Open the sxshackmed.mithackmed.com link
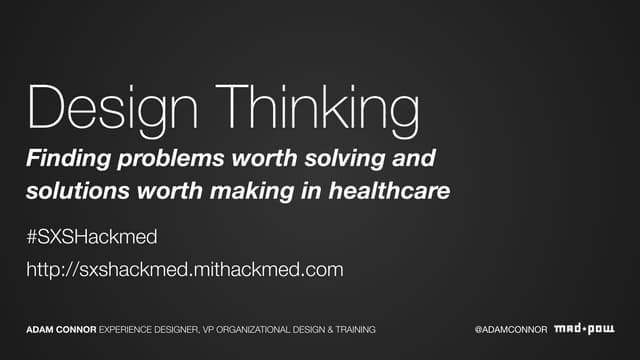pos(185,269)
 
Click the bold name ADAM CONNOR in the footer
pos(61,329)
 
